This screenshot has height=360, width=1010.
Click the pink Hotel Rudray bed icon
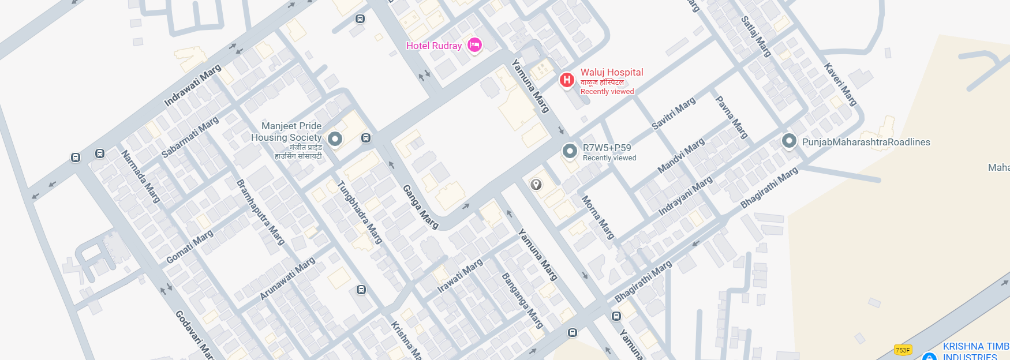(474, 45)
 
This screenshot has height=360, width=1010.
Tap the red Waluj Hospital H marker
(567, 80)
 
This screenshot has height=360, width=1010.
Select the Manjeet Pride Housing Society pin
(335, 138)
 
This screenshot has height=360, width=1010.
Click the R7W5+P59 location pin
(570, 151)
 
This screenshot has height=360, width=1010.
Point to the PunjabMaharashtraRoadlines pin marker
(789, 141)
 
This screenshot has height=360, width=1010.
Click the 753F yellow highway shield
(903, 350)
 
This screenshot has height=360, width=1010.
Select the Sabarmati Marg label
(190, 137)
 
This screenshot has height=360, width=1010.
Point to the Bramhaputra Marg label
(260, 212)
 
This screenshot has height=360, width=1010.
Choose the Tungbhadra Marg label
(360, 212)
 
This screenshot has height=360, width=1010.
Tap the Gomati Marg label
(189, 246)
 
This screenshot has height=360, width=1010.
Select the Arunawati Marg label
(287, 278)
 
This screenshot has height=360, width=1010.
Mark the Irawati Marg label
(459, 276)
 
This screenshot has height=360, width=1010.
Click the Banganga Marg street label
(522, 301)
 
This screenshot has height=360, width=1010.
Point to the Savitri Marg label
(673, 113)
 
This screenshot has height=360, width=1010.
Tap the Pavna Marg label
(731, 117)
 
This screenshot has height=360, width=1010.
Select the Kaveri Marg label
(840, 84)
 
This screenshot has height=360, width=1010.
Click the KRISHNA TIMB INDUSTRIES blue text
(975, 351)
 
